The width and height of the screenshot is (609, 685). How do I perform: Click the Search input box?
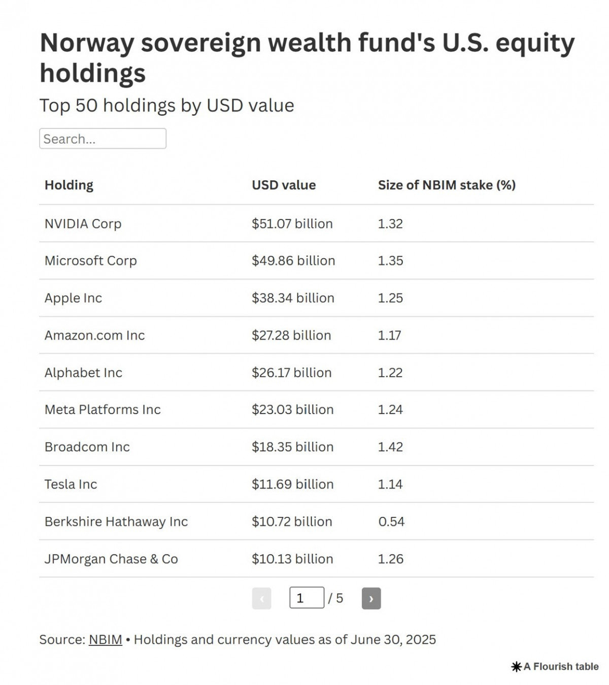click(103, 139)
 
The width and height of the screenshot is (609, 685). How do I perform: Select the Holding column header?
click(69, 185)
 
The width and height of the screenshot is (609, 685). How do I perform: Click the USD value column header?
click(284, 185)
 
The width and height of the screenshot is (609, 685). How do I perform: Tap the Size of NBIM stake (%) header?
click(447, 185)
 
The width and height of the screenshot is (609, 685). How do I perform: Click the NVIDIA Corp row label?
click(83, 224)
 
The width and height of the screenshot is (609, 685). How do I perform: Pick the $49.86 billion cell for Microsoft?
click(293, 261)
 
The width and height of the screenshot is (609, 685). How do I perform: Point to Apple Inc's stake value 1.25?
click(390, 298)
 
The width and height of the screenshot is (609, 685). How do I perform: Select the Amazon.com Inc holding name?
click(94, 335)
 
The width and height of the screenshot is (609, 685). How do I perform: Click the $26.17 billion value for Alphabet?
click(291, 373)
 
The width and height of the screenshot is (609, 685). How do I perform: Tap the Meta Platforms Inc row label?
click(103, 410)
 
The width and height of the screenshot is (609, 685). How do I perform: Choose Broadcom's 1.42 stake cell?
click(390, 447)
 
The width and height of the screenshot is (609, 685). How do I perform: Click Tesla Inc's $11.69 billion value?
click(292, 484)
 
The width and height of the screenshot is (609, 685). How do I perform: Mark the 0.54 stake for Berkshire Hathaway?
click(391, 521)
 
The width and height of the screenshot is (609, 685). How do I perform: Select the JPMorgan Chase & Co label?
click(111, 559)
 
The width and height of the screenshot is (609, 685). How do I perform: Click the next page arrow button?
click(371, 598)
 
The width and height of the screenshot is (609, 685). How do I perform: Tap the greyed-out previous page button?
click(261, 598)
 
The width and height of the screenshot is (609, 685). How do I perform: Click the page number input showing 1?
click(307, 598)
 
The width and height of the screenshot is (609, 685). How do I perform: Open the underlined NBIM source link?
click(106, 639)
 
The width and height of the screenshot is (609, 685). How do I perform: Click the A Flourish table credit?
click(555, 667)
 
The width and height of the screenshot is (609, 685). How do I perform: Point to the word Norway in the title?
click(87, 43)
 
